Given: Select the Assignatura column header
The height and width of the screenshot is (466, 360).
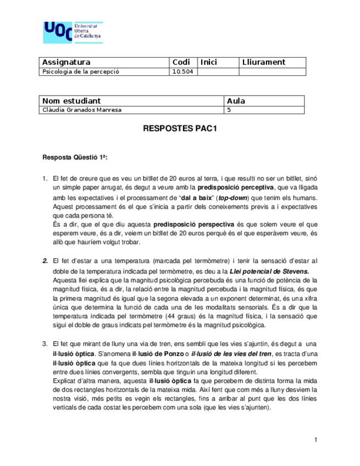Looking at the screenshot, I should pyautogui.click(x=66, y=63).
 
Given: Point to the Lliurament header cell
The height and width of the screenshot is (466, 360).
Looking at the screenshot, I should pyautogui.click(x=263, y=63).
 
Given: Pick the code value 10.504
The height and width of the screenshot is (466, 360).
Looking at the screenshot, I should pyautogui.click(x=182, y=72).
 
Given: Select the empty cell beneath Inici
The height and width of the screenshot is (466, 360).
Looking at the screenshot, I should pyautogui.click(x=218, y=72).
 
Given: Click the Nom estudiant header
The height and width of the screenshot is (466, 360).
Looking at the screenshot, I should pyautogui.click(x=71, y=101).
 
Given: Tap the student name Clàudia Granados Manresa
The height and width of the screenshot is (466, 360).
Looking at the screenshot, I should pyautogui.click(x=82, y=110).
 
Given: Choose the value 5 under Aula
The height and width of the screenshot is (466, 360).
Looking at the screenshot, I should pyautogui.click(x=229, y=110).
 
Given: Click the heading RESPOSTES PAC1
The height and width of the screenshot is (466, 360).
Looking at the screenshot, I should pyautogui.click(x=180, y=131).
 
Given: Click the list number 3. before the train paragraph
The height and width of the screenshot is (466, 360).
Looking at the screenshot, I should pyautogui.click(x=46, y=343).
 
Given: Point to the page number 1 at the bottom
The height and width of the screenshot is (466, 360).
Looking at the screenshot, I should pyautogui.click(x=316, y=440).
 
